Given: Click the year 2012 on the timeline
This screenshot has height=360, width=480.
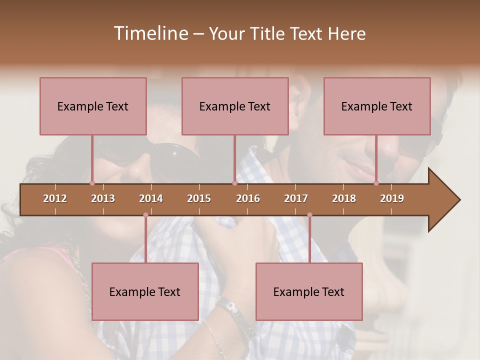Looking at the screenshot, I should pos(55,198).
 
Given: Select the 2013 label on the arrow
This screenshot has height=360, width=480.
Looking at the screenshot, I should pos(103,198).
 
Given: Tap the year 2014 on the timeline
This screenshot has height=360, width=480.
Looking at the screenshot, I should pos(151,198).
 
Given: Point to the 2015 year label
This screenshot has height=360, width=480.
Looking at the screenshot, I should pos(199,198).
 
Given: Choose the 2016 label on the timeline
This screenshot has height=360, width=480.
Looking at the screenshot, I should pos(248,198).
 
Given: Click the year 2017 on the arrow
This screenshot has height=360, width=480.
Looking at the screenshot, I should pos(296,198).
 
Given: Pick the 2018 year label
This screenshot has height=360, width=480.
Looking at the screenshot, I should pos(344,198).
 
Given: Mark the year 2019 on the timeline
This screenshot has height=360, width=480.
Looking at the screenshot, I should pos(392,198).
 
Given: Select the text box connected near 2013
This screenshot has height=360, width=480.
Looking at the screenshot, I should pos(93,106).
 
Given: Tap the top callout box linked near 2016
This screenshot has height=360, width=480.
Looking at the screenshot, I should pos(235,106).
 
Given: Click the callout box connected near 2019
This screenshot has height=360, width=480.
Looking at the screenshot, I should pos(377,106).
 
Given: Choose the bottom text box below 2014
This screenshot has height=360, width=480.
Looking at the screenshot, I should pos(145,291).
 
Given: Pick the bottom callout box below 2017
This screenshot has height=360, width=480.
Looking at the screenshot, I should pos(309,291).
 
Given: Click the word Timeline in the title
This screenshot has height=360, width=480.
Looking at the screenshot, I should pos(150,33).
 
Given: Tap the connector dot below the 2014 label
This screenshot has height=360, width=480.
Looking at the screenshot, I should pos(145,215).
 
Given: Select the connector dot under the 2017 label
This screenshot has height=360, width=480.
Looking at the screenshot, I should pos(309,215).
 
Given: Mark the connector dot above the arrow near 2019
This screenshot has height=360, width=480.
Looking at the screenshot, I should pos(376,183).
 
